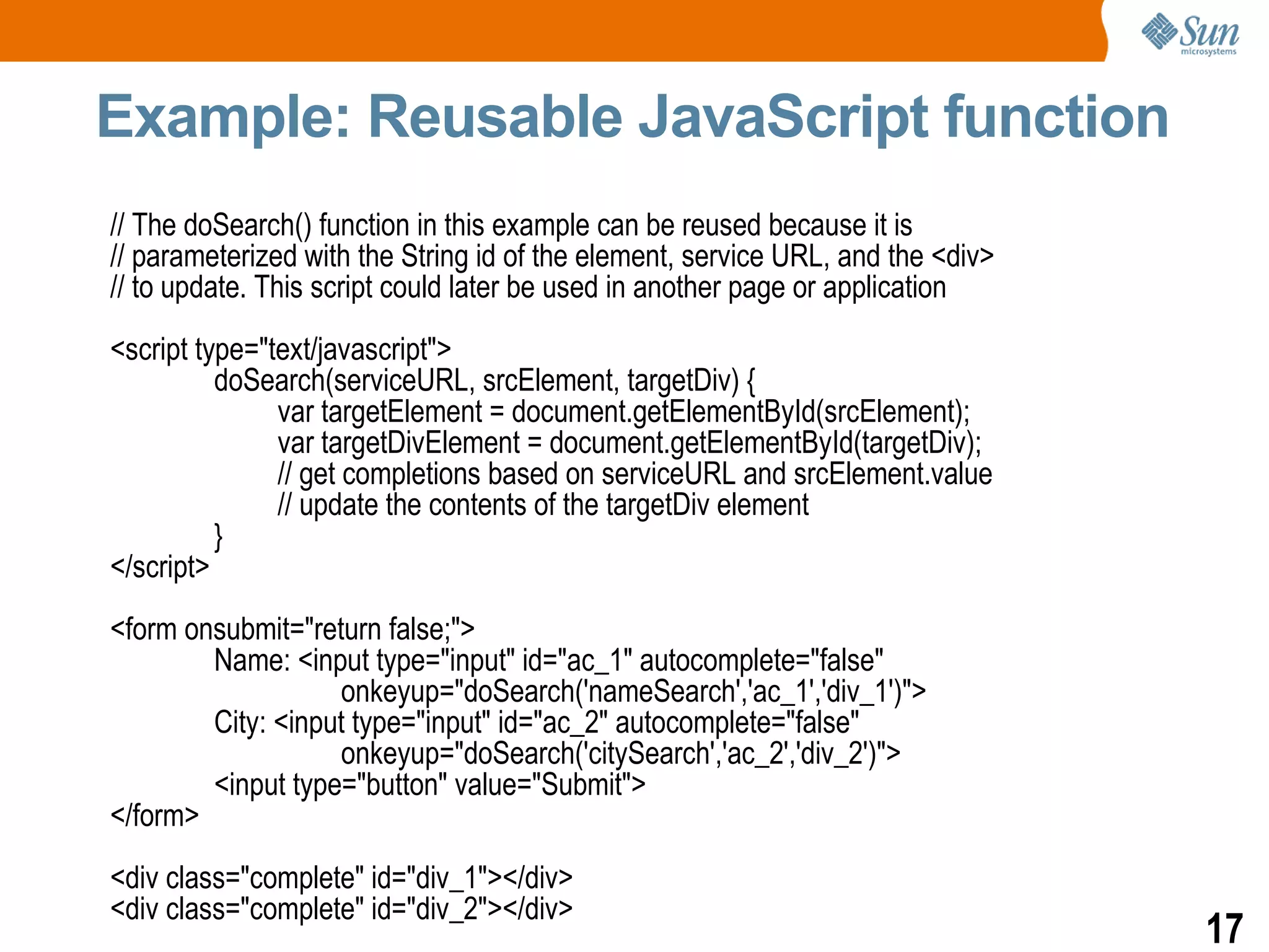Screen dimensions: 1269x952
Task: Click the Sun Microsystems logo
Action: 1190,34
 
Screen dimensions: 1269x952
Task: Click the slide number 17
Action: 1224,928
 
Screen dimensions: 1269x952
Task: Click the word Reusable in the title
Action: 495,117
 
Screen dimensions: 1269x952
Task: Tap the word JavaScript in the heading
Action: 783,118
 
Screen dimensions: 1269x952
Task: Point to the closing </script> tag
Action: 160,567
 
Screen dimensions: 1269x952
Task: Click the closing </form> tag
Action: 154,816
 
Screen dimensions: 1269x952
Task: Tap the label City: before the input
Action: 240,723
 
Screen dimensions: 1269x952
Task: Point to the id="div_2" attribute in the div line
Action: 429,909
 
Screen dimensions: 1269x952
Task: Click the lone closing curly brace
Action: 218,536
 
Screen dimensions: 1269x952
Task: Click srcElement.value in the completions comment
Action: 893,474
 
